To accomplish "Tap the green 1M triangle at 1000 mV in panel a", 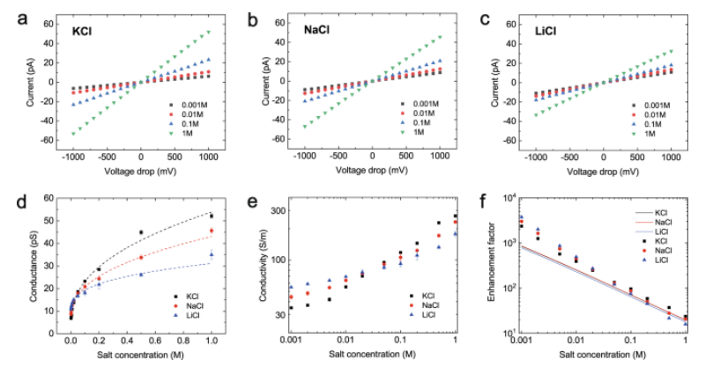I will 208,33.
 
